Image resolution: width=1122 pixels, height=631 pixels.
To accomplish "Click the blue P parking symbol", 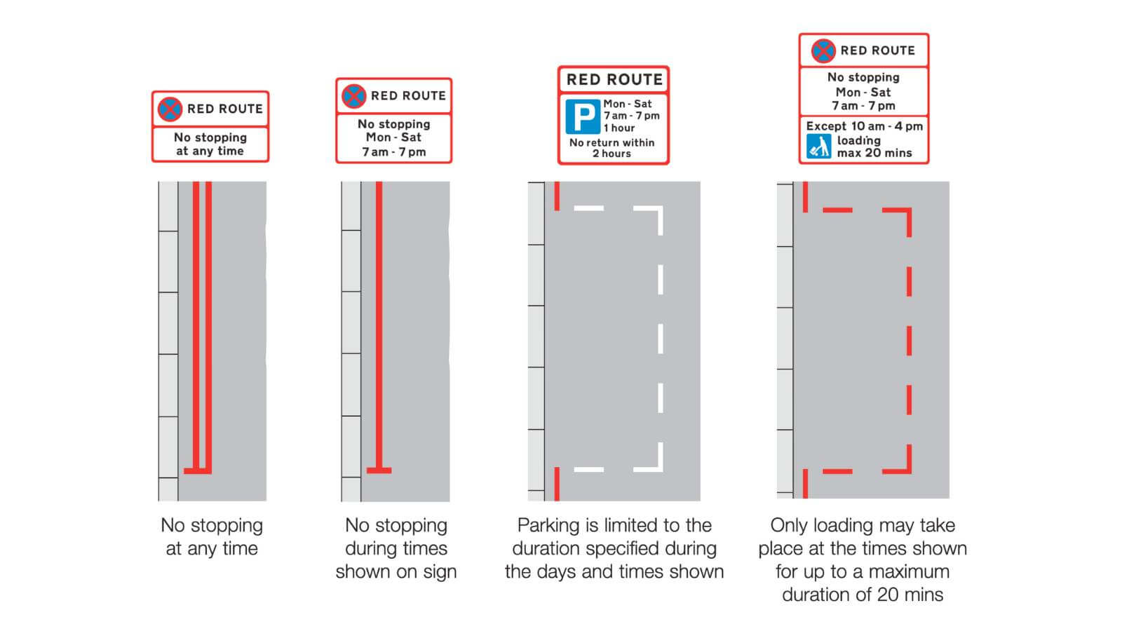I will (583, 116).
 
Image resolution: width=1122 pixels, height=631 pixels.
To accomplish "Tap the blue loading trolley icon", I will (818, 146).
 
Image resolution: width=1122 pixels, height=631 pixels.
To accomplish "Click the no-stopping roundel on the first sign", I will (170, 109).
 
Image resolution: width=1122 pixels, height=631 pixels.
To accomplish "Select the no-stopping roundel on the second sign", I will (353, 95).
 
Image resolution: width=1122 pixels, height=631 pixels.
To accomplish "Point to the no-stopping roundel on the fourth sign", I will (823, 50).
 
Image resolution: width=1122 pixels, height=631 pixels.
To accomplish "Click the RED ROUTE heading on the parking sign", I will (614, 79).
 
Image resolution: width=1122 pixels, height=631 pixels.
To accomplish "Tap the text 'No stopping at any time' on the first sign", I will (210, 144).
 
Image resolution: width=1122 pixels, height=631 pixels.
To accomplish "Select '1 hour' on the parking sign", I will (619, 128).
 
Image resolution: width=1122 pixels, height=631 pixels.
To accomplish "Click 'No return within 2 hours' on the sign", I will (612, 148).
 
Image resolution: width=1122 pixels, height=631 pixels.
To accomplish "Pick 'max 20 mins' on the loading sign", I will (874, 153).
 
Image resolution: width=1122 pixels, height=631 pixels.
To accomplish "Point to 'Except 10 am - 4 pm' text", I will (864, 126).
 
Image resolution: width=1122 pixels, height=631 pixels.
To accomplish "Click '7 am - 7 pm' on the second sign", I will (394, 151).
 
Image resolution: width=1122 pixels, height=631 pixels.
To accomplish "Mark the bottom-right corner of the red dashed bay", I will (909, 470).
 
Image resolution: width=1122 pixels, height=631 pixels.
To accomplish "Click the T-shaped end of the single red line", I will (379, 470).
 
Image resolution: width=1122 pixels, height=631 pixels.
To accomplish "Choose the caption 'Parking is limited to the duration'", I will (614, 536).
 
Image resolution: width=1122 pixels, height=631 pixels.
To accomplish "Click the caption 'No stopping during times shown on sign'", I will (396, 548).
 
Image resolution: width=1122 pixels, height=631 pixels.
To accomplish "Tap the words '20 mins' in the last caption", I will (912, 595).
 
